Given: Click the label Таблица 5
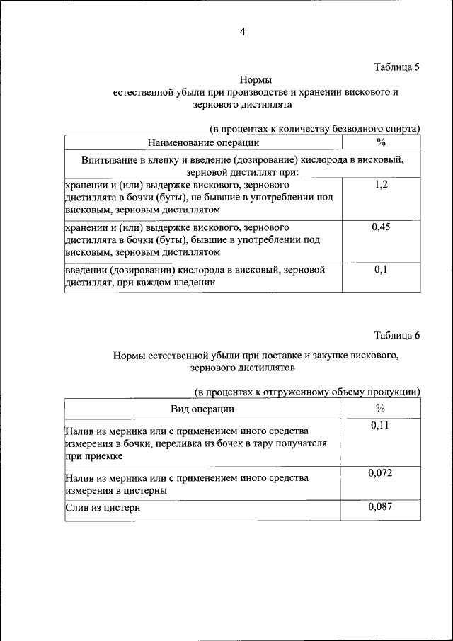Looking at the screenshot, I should (396, 68).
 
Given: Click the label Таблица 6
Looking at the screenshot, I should (396, 336).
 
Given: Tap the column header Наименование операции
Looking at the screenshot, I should (202, 142).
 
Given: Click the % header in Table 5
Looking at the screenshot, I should (381, 142).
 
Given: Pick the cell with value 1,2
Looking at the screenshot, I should (381, 185).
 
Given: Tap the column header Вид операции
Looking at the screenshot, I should (202, 409).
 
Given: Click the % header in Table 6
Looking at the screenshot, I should (381, 409).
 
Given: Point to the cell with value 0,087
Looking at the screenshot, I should (381, 506).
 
